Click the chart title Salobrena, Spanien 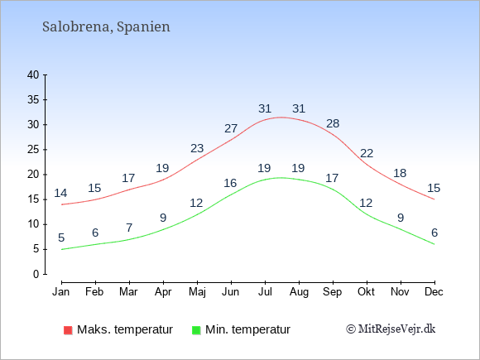point(106,27)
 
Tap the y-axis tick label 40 point(33,75)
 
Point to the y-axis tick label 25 point(33,150)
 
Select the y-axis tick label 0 point(36,274)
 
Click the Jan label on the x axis point(61,292)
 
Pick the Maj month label point(197,292)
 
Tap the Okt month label point(366,292)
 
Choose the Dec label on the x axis point(434,292)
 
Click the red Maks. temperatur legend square point(68,330)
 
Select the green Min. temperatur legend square point(196,330)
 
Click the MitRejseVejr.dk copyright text point(391,329)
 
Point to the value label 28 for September point(333,123)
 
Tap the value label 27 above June point(231,128)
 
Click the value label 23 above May point(197,148)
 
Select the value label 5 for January point(61,238)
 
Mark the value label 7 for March point(129,228)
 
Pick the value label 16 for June point(230,183)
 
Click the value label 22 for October point(367,153)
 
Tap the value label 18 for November point(400,173)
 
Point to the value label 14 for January point(60,193)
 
